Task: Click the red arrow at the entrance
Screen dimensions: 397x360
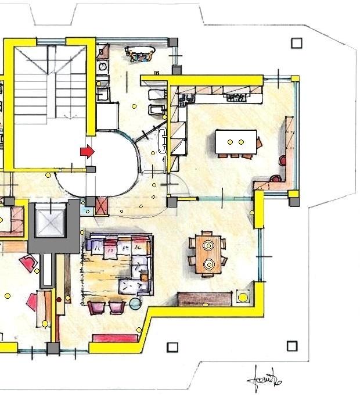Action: pyautogui.click(x=87, y=152)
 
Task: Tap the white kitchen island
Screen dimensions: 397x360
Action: pyautogui.click(x=235, y=142)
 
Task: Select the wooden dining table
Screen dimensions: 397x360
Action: pyautogui.click(x=208, y=253)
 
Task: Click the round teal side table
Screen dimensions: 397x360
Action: pyautogui.click(x=135, y=303)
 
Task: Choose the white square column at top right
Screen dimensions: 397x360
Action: pyautogui.click(x=297, y=43)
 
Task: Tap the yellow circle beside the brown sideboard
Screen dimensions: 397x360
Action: pyautogui.click(x=243, y=298)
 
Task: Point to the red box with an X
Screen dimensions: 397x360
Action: pyautogui.click(x=101, y=205)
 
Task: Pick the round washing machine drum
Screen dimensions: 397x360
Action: pyautogui.click(x=103, y=67)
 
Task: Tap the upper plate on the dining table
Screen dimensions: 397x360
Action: pyautogui.click(x=208, y=245)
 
